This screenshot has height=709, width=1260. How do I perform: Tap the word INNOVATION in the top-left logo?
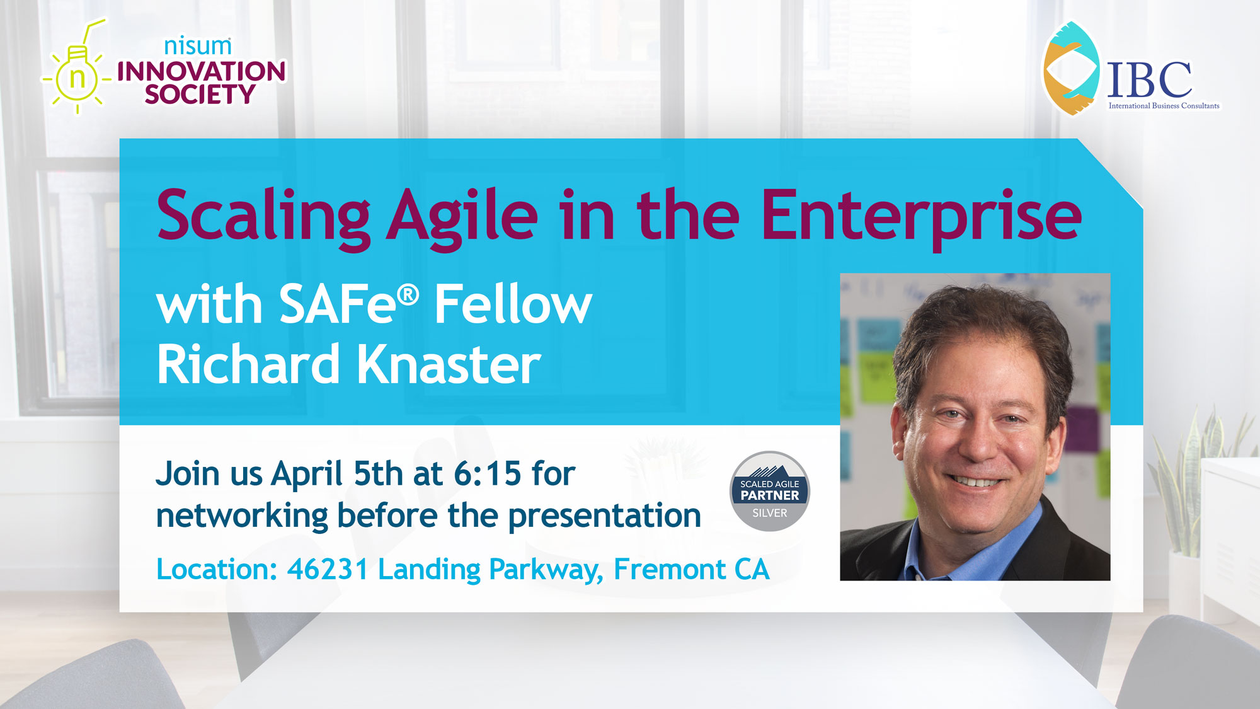pyautogui.click(x=202, y=71)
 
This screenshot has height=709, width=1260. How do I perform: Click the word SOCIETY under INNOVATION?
pyautogui.click(x=200, y=95)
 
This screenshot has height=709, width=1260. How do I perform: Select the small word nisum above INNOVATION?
pyautogui.click(x=198, y=46)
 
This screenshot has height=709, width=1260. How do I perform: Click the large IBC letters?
pyautogui.click(x=1150, y=79)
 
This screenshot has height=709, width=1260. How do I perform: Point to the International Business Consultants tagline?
pyautogui.click(x=1164, y=106)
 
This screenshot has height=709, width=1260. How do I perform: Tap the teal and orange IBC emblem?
pyautogui.click(x=1071, y=68)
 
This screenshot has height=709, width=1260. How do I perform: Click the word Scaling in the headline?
pyautogui.click(x=263, y=217)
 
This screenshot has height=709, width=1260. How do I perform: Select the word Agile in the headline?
pyautogui.click(x=462, y=217)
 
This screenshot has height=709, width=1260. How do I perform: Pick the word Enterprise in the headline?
pyautogui.click(x=922, y=217)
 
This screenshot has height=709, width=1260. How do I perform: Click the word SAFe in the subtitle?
pyautogui.click(x=338, y=304)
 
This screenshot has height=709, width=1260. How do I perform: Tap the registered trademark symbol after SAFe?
pyautogui.click(x=408, y=294)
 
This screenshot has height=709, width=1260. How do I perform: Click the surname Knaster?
pyautogui.click(x=449, y=364)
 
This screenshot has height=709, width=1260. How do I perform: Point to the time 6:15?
pyautogui.click(x=488, y=474)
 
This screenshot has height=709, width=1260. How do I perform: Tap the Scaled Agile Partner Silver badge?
pyautogui.click(x=770, y=492)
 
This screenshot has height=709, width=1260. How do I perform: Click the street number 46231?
pyautogui.click(x=328, y=570)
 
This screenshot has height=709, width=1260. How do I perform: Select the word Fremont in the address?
pyautogui.click(x=670, y=570)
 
